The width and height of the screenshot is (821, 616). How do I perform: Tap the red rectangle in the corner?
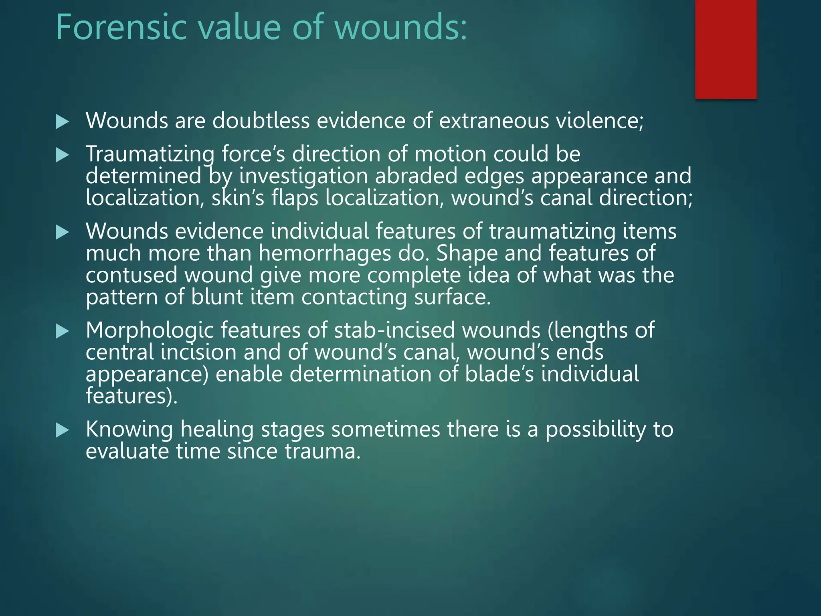point(726,49)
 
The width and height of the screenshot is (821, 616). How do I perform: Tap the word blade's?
point(499,374)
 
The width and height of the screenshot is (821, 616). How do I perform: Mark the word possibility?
point(595,430)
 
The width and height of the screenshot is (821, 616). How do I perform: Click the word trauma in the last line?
point(322,451)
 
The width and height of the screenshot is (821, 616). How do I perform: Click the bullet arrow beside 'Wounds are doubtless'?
point(62,122)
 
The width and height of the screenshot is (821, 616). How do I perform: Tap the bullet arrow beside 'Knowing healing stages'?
point(62,430)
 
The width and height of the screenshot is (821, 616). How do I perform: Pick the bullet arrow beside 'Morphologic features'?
point(62,332)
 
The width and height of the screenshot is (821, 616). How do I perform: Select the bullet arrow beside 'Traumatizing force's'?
point(62,155)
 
